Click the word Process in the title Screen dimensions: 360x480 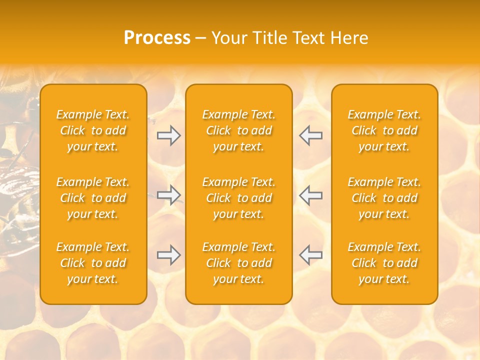tap(157, 38)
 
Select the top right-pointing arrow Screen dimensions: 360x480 tap(168, 135)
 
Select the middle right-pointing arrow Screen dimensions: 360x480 tap(168, 195)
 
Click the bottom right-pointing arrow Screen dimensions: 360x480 tap(168, 255)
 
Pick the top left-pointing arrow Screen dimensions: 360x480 tap(310, 135)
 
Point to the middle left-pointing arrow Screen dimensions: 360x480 tap(310, 195)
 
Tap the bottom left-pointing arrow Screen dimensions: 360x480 tap(310, 255)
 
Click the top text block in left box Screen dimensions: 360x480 tap(93, 130)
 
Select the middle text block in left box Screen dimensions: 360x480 tap(93, 198)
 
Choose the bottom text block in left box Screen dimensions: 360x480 tap(93, 263)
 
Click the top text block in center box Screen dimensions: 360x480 tap(238, 130)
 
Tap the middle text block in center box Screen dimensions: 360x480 tap(238, 198)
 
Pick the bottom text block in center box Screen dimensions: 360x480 tap(238, 263)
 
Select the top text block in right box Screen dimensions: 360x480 tap(384, 130)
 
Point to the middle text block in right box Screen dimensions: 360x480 tap(384, 198)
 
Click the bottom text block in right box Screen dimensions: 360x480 tap(384, 263)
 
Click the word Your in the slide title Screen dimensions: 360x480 tap(228, 38)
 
